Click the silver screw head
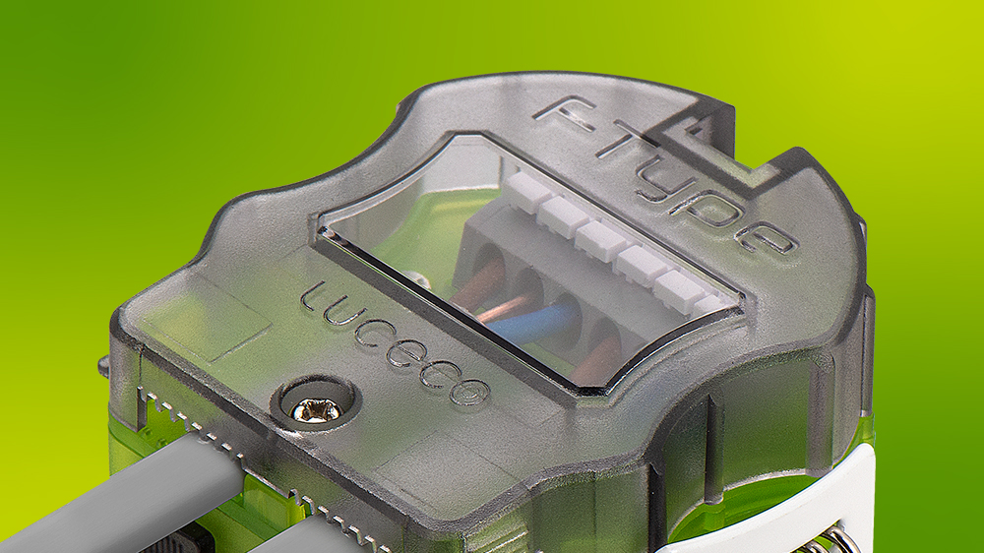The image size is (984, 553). coord(316,410)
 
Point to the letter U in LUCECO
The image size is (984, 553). coord(338,315)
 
